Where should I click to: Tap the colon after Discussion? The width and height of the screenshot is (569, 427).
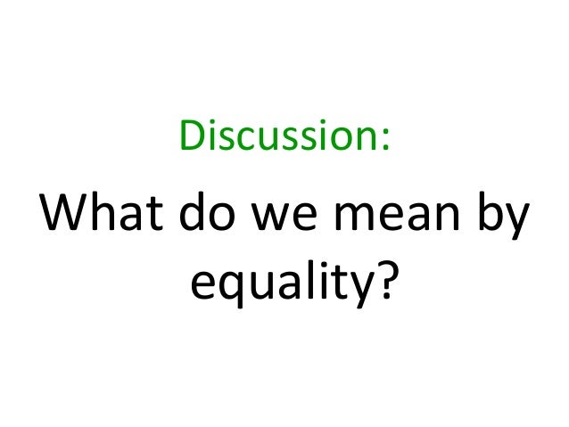pyautogui.click(x=386, y=143)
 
